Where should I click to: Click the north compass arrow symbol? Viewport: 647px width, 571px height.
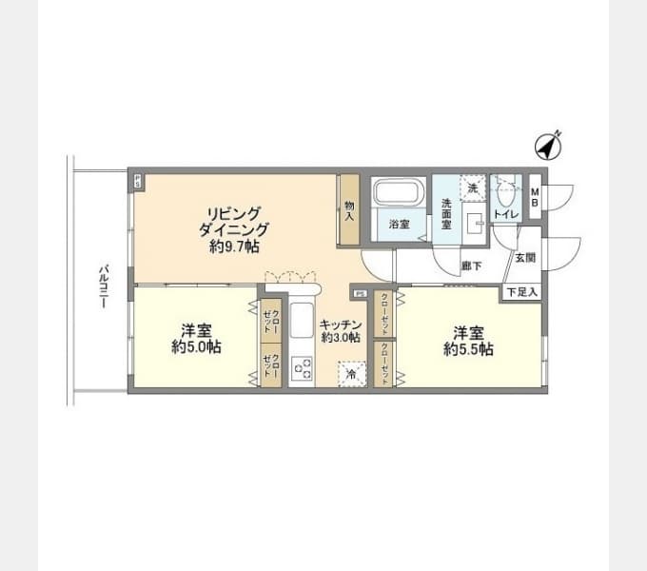(x=546, y=147)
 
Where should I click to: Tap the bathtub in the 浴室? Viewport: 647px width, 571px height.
(x=399, y=193)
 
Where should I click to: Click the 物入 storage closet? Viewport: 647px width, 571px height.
(x=349, y=210)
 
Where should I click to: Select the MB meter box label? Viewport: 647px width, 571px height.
(x=535, y=198)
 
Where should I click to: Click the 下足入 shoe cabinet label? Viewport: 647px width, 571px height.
(x=520, y=291)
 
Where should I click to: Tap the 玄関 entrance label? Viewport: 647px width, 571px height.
(x=525, y=258)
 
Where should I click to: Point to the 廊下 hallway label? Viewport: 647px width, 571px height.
(x=469, y=266)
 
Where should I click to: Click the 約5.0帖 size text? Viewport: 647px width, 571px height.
(x=197, y=348)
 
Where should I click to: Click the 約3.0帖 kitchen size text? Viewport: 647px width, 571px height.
(x=340, y=337)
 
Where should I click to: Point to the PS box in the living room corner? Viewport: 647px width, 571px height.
(x=139, y=179)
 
